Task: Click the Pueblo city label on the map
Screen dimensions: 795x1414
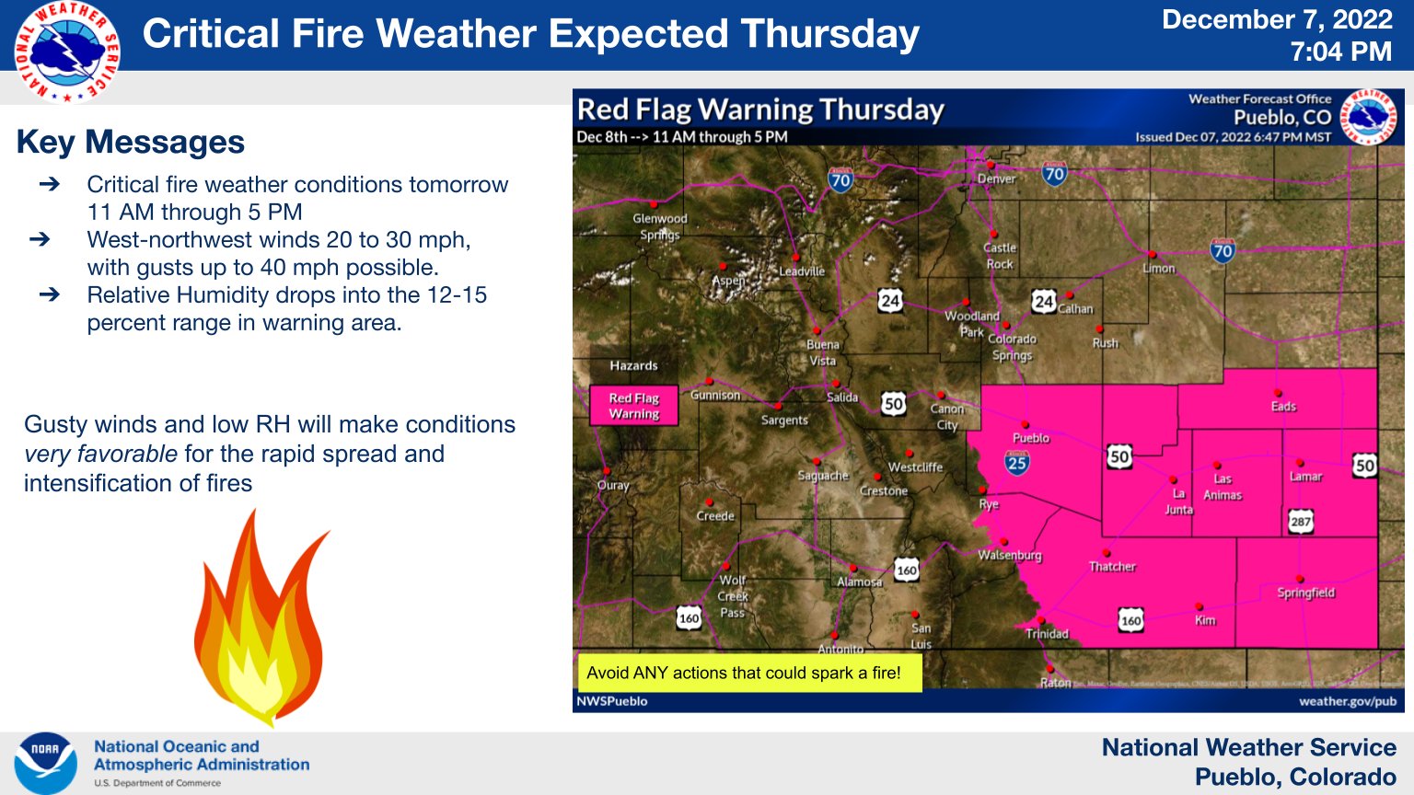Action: tap(1031, 438)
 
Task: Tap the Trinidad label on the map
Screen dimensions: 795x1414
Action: tap(1047, 634)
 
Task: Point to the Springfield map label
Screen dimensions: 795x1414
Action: tap(1305, 593)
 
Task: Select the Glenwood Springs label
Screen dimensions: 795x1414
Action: tap(660, 226)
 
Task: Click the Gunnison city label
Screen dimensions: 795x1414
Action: tap(715, 395)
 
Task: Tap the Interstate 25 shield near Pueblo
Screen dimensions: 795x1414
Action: tap(1017, 462)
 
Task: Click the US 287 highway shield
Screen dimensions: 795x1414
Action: tap(1300, 522)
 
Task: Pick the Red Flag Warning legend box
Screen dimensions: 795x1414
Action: tap(633, 406)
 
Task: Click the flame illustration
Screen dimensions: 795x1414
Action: tap(261, 617)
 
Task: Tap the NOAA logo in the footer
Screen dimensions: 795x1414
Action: tap(45, 763)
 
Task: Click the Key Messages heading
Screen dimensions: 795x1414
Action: tap(131, 143)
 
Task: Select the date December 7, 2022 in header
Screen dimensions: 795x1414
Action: tap(1277, 20)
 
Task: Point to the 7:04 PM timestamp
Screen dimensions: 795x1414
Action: tap(1340, 52)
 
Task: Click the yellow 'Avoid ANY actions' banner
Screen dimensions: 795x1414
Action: tap(744, 673)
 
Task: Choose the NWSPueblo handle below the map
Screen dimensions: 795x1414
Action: tap(612, 701)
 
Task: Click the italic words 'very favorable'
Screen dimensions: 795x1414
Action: tap(100, 454)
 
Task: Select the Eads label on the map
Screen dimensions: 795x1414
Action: tap(1283, 406)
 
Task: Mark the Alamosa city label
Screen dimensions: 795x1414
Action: tap(859, 582)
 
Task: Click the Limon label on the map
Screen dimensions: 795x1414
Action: tap(1158, 269)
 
